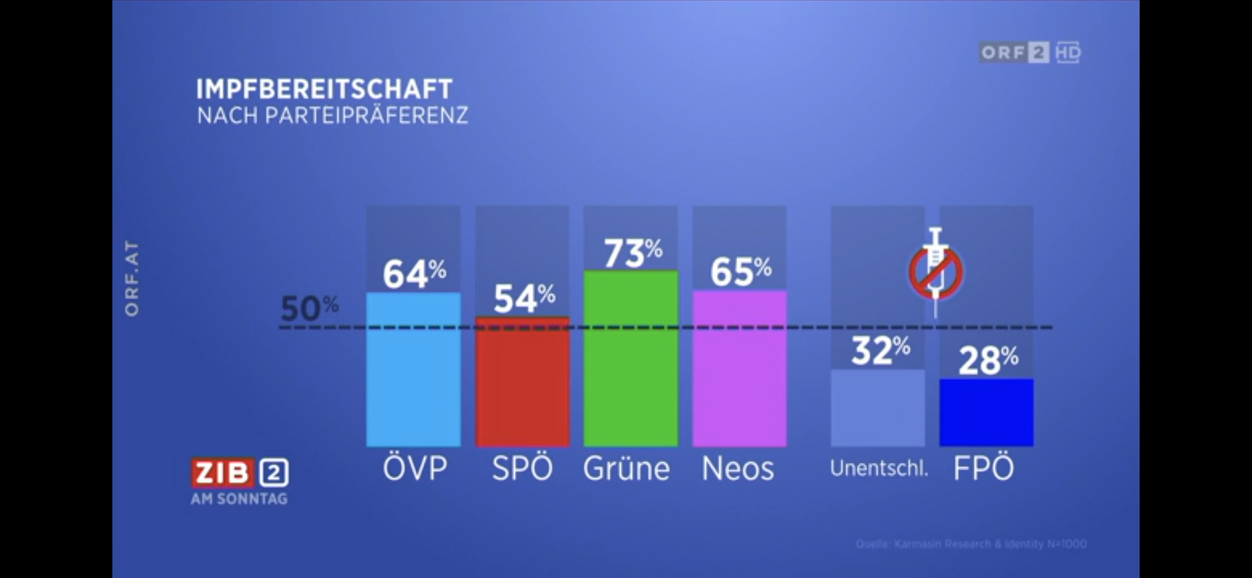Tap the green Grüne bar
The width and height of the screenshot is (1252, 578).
(x=631, y=359)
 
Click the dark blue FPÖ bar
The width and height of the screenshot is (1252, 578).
(x=986, y=413)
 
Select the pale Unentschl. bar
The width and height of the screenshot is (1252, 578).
(x=877, y=408)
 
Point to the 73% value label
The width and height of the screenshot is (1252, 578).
(x=633, y=253)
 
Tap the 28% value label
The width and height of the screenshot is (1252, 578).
(x=988, y=361)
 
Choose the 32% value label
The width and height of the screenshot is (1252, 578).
(x=880, y=351)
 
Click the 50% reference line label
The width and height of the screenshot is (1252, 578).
(x=309, y=308)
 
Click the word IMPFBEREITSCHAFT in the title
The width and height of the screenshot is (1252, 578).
(x=324, y=89)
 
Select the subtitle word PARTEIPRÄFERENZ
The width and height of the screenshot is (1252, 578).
(x=366, y=116)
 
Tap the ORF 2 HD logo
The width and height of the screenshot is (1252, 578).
(x=1029, y=52)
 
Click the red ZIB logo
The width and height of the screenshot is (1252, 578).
(x=222, y=473)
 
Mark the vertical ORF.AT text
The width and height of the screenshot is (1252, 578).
(x=132, y=278)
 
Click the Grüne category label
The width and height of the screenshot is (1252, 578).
(x=627, y=469)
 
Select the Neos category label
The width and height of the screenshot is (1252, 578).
(x=738, y=469)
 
